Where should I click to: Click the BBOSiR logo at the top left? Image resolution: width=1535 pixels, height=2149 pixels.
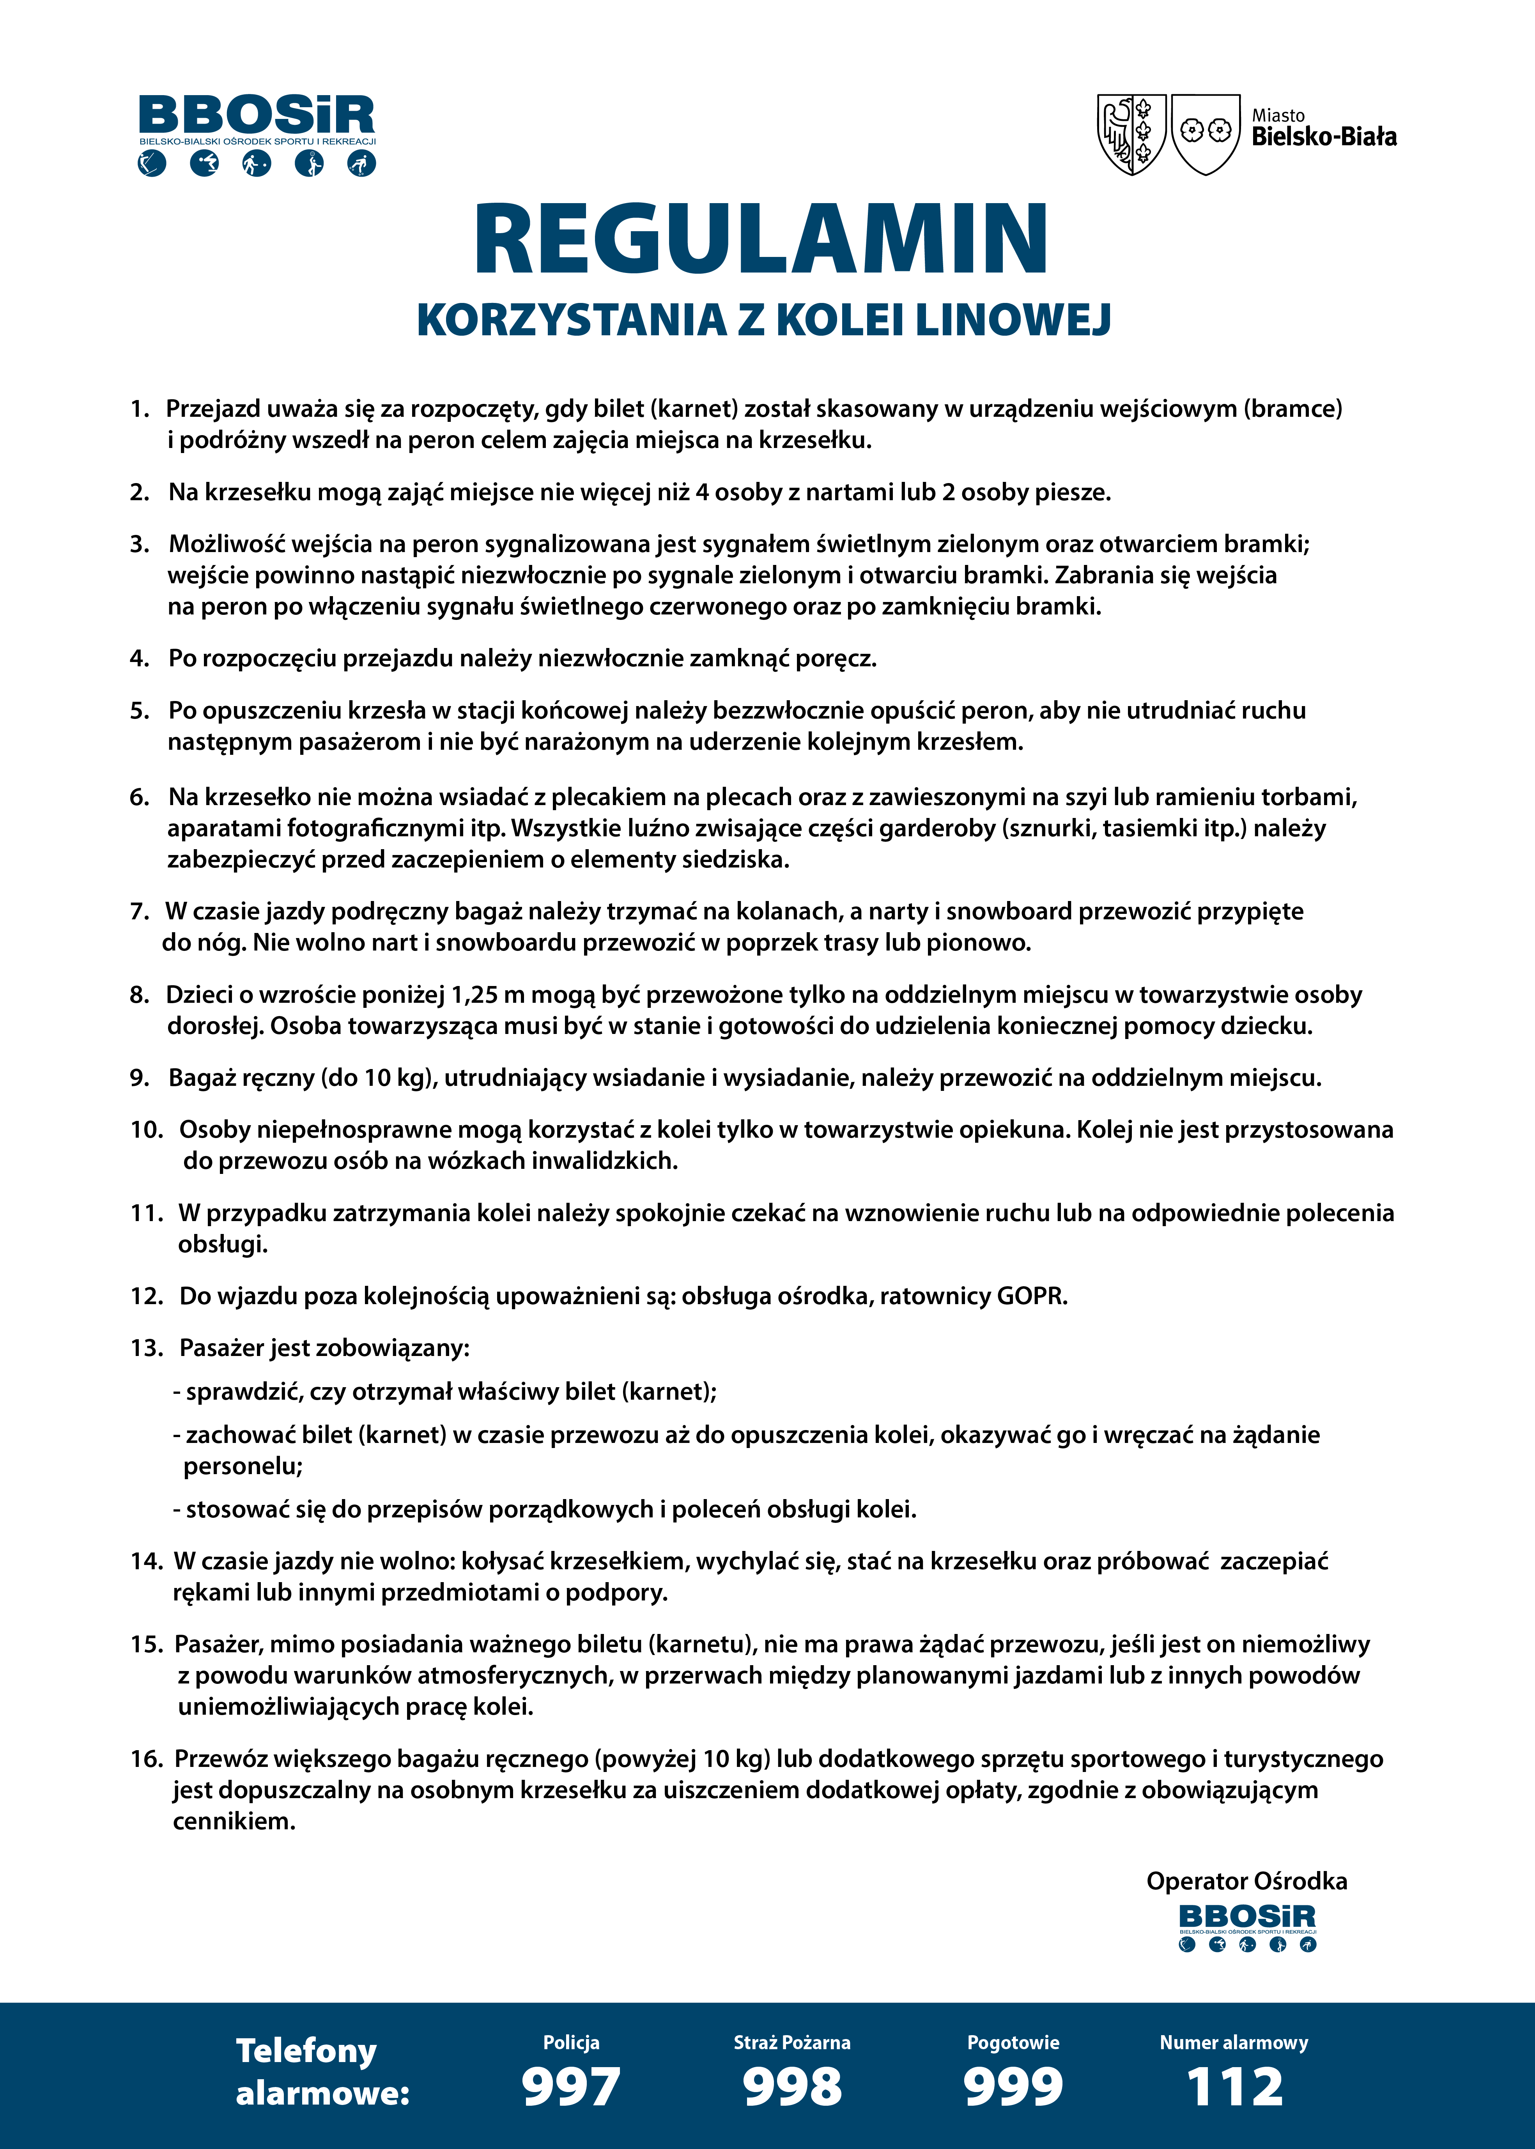tap(257, 134)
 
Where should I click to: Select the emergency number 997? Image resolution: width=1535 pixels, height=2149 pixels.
tap(571, 2087)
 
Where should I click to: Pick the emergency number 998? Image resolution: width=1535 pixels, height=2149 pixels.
tap(792, 2087)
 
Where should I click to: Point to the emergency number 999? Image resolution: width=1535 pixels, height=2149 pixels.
tap(1013, 2087)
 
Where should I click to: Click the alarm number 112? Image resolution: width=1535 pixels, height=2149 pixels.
tap(1234, 2087)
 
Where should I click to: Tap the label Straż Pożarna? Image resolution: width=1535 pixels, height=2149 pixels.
tap(792, 2042)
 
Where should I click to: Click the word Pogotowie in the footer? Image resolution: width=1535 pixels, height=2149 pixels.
tap(1013, 2042)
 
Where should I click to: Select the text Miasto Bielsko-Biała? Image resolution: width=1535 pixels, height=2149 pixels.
tap(1323, 129)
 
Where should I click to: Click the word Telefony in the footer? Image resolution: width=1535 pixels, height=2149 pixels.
tap(306, 2051)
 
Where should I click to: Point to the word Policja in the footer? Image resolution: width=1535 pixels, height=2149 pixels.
tap(571, 2042)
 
